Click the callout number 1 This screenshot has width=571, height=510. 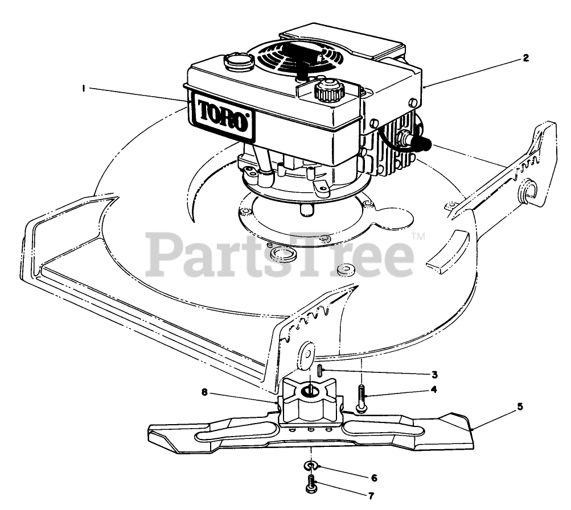83,88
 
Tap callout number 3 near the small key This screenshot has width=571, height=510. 434,374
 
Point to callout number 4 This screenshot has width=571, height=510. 434,390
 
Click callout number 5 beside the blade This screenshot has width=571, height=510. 520,407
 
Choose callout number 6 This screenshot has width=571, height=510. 373,478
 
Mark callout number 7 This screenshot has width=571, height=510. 371,496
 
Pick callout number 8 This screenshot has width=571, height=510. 204,392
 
